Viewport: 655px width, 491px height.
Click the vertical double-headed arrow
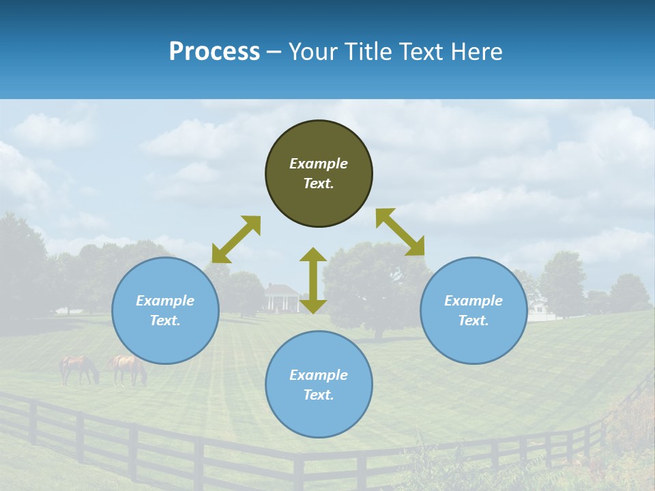(x=313, y=280)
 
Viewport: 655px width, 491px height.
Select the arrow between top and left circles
(x=236, y=239)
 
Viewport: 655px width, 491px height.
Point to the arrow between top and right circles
(x=400, y=232)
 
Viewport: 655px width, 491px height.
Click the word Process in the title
(x=214, y=52)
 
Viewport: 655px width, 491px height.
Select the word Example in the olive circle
(x=319, y=164)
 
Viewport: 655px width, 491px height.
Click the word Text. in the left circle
(x=165, y=321)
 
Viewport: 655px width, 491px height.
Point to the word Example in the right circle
(x=474, y=301)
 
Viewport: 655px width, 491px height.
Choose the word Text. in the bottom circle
(x=319, y=395)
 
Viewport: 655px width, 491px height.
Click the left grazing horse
(x=78, y=368)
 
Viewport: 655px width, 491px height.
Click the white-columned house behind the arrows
(x=282, y=298)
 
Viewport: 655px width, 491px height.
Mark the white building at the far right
(x=539, y=308)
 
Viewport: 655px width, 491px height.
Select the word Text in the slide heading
(x=418, y=52)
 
